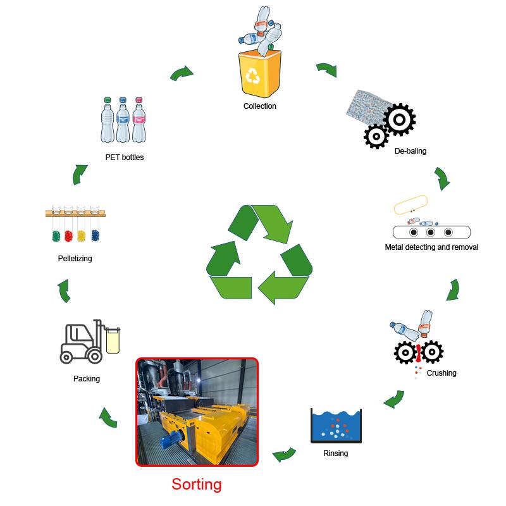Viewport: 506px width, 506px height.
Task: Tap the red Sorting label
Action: (x=197, y=484)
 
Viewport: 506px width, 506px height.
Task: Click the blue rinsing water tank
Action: (x=335, y=426)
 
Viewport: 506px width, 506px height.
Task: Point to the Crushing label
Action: (x=441, y=373)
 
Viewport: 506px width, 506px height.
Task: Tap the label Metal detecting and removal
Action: (x=431, y=247)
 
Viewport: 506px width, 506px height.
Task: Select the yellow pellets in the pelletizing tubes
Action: (x=81, y=235)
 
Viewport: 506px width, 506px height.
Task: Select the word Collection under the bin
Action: (x=260, y=106)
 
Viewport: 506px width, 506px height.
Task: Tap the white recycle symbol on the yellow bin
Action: (x=254, y=77)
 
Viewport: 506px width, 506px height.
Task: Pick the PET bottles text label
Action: (x=125, y=157)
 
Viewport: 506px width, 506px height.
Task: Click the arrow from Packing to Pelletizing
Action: (x=64, y=292)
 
